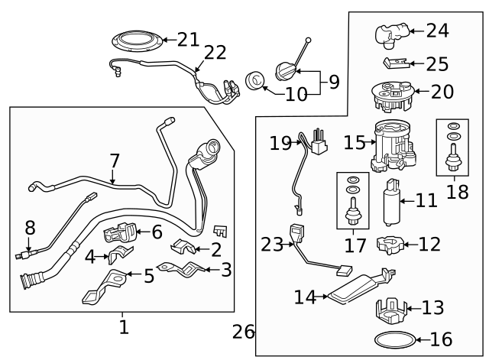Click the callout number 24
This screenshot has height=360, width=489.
coord(437,31)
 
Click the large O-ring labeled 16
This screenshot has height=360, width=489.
coord(398,339)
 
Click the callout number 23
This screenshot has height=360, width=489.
coord(271,245)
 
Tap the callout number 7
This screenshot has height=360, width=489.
coord(113,161)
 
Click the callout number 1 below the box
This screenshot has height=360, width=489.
coord(123,328)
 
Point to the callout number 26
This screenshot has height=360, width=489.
coord(243,332)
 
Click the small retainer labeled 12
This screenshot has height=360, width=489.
coord(391,245)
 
